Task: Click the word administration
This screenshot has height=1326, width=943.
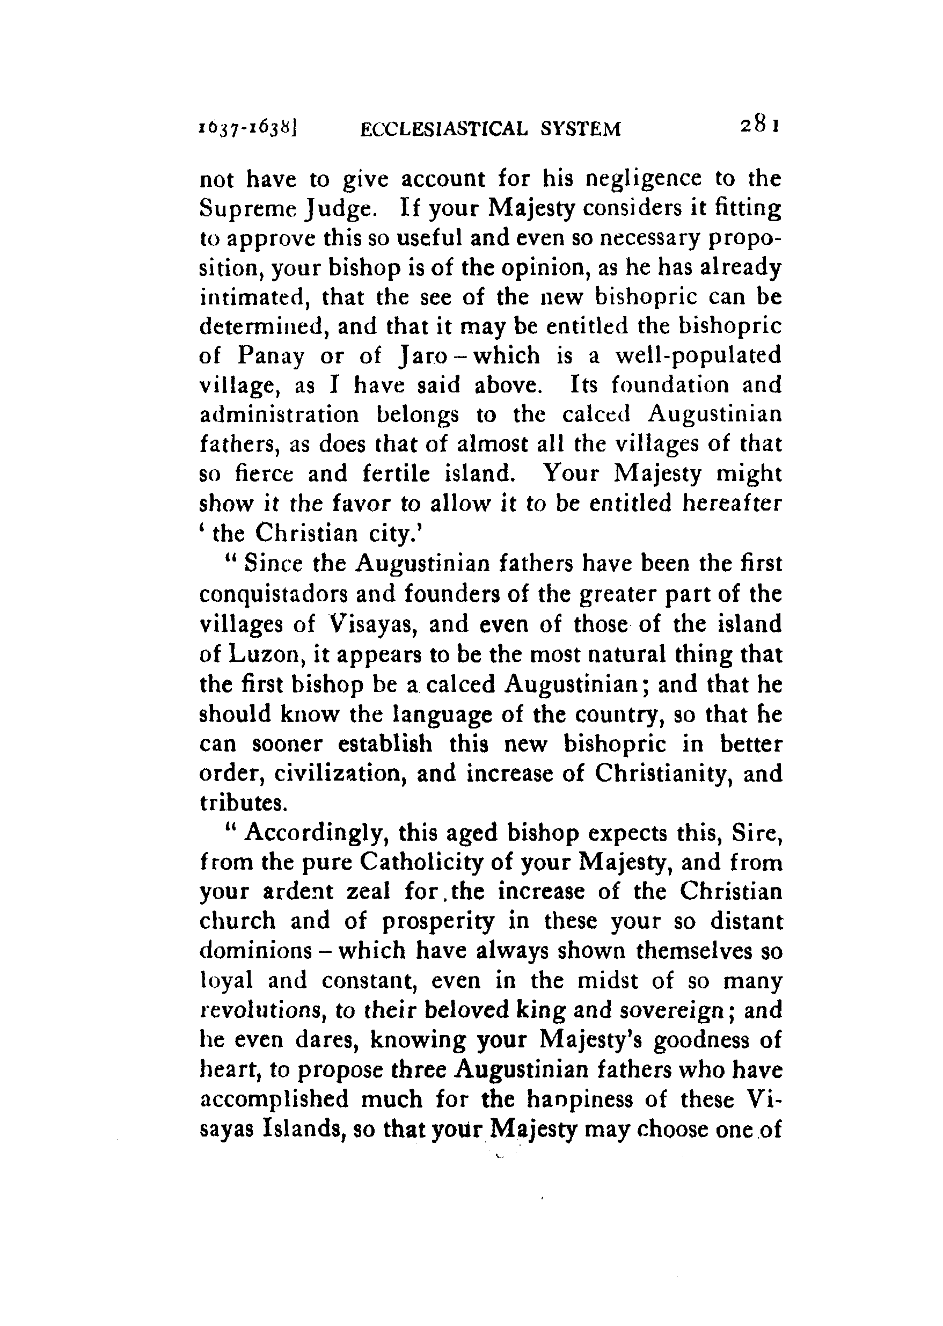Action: point(279,414)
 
